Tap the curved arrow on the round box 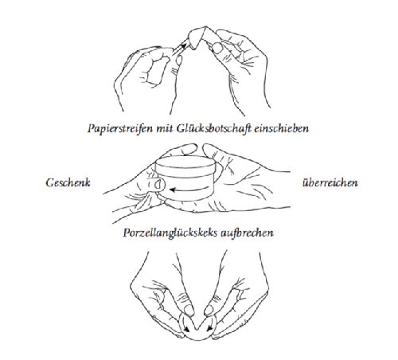187,190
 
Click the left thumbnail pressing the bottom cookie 178,313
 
